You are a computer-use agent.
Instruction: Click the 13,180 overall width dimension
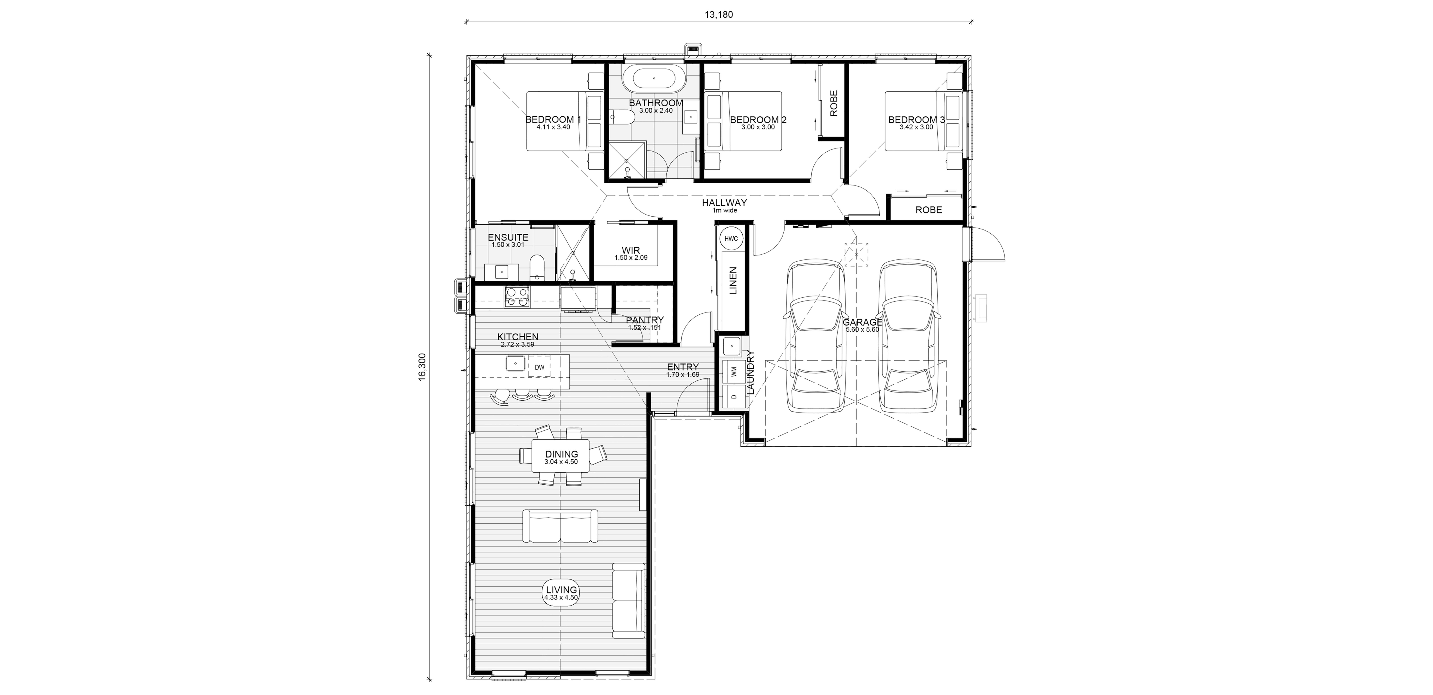(x=719, y=14)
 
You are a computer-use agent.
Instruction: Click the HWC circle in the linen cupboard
(x=731, y=239)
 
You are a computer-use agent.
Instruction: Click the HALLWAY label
(x=724, y=203)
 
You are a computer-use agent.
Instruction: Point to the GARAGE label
(x=862, y=322)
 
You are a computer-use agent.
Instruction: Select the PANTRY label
(x=645, y=320)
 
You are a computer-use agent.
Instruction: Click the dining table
(x=561, y=456)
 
